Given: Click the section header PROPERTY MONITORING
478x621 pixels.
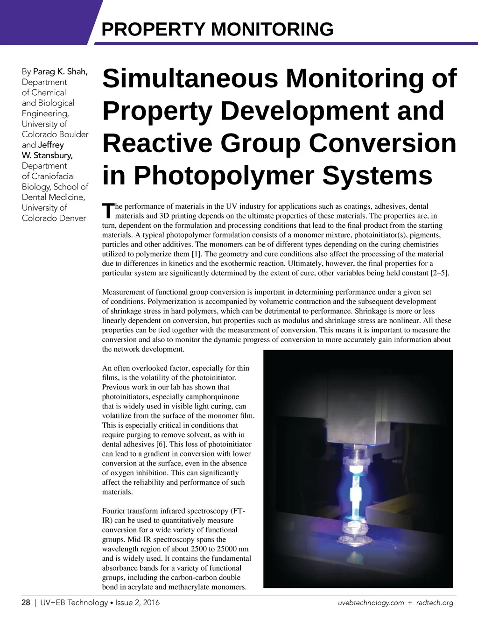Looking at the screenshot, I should point(217,29).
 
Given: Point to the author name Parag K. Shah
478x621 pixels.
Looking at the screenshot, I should point(60,71).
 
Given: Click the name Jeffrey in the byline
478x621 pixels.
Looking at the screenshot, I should point(51,145).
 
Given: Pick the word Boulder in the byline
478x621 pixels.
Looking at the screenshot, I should point(73,134).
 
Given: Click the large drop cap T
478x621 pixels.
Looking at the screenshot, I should point(108,211).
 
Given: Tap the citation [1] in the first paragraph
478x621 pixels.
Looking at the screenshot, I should point(196,254).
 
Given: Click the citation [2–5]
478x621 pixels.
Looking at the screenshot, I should point(439,273).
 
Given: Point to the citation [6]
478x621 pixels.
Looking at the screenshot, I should point(162,444).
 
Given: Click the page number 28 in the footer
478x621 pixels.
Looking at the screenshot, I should point(26,603).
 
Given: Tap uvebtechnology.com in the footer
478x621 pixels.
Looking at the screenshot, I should point(371,603).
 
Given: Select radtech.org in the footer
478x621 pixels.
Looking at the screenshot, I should point(435,603).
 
